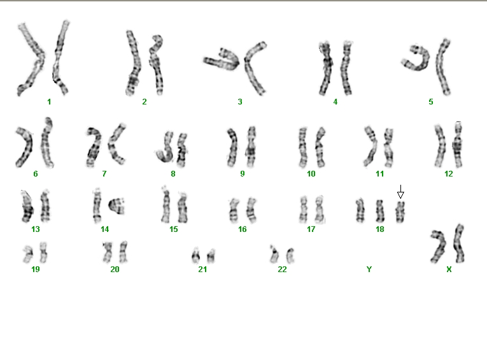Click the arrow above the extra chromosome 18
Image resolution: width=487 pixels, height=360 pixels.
[x=400, y=192]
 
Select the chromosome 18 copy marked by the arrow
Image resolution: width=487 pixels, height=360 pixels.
[x=400, y=212]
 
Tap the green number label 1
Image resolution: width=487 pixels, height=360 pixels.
[x=49, y=102]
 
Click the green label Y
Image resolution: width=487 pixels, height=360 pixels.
[x=369, y=270]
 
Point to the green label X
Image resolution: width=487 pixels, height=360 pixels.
[x=449, y=270]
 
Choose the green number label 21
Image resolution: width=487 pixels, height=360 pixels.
[x=202, y=270]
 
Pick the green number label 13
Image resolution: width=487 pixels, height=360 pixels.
[x=36, y=229]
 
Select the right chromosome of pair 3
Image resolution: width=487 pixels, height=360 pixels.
[x=254, y=67]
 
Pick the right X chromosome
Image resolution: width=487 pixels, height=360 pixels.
[x=459, y=243]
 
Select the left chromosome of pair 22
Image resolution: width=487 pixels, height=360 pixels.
[x=274, y=254]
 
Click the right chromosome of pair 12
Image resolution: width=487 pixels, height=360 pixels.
[x=458, y=145]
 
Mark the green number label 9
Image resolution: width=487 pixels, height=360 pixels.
[x=243, y=174]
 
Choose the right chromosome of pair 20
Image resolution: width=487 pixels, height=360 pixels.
[x=124, y=252]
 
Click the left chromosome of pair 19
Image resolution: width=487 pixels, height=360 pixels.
[x=28, y=254]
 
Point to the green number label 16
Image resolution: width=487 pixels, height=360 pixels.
[x=243, y=229]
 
